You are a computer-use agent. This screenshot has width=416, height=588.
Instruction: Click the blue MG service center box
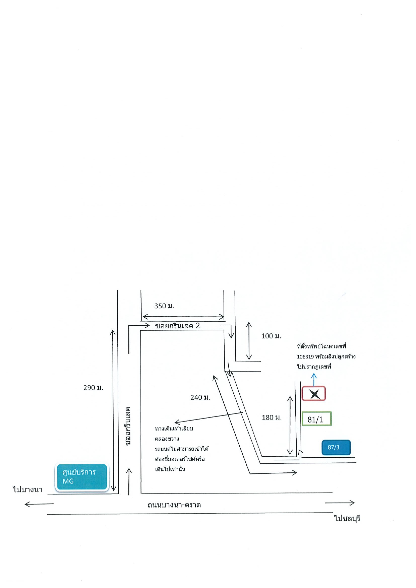click(x=81, y=477)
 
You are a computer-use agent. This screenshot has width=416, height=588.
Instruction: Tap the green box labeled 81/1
click(x=316, y=419)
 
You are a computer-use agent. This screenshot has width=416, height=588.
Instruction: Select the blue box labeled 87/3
click(x=336, y=447)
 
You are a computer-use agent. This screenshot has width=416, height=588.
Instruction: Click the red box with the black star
click(x=314, y=394)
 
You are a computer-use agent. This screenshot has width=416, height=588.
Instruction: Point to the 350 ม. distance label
click(x=164, y=306)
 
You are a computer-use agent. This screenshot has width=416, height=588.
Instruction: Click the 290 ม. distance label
click(x=93, y=388)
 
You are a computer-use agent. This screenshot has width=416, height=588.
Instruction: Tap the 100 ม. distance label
click(x=271, y=336)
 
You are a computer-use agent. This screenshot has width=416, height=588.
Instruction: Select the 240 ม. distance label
click(x=200, y=397)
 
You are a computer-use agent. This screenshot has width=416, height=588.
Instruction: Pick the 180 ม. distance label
click(x=272, y=417)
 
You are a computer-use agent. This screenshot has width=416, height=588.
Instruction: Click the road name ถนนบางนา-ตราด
click(x=174, y=505)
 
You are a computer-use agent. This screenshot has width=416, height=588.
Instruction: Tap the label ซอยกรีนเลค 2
click(x=177, y=326)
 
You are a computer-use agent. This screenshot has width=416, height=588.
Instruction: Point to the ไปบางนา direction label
click(x=28, y=489)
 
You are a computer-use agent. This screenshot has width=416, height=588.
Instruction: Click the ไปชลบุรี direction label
click(x=347, y=518)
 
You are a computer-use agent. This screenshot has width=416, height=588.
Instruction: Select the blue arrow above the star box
click(x=314, y=380)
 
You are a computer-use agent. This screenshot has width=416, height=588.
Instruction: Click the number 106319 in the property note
click(x=305, y=356)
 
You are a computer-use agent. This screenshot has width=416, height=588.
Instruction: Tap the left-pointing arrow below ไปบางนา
click(x=39, y=504)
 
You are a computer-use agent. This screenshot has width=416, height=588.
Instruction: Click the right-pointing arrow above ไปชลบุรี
click(x=340, y=503)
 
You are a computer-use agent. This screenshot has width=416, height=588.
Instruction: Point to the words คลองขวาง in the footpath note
click(x=167, y=439)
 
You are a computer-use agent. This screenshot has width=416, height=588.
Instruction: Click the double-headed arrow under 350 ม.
click(x=183, y=317)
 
